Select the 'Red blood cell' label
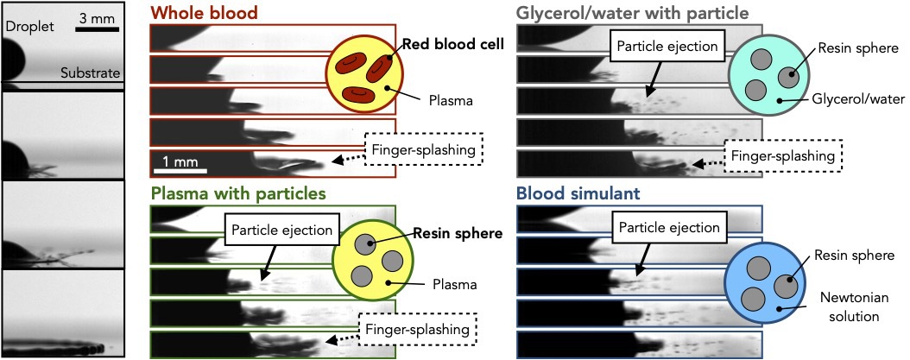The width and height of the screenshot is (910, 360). [x=452, y=46]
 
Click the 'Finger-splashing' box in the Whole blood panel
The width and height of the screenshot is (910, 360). [x=422, y=148]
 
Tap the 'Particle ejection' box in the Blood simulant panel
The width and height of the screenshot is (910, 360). [x=668, y=229]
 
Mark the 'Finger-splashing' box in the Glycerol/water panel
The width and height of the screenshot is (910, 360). [x=781, y=156]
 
